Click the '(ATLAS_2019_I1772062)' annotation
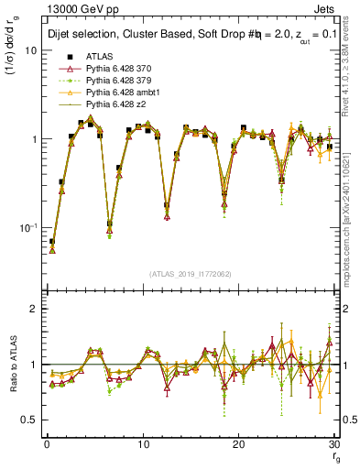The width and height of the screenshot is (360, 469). tap(190, 273)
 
